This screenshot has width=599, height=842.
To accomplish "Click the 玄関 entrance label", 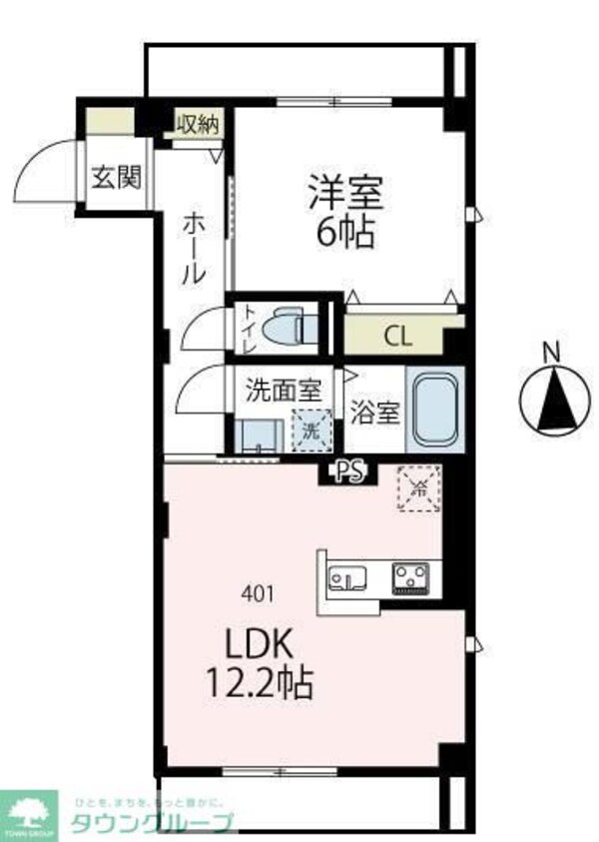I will pyautogui.click(x=116, y=178).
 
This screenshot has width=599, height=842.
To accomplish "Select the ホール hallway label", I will pyautogui.click(x=194, y=250).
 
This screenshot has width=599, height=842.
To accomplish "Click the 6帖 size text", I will pyautogui.click(x=345, y=234).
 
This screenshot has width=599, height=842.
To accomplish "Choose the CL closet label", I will pyautogui.click(x=397, y=335).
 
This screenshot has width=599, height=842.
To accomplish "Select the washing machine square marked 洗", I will pyautogui.click(x=309, y=431).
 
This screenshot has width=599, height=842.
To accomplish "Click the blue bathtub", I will pyautogui.click(x=433, y=412).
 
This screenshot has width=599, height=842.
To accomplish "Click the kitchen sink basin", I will pyautogui.click(x=346, y=578).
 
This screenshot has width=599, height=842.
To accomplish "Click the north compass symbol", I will pyautogui.click(x=549, y=397).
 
